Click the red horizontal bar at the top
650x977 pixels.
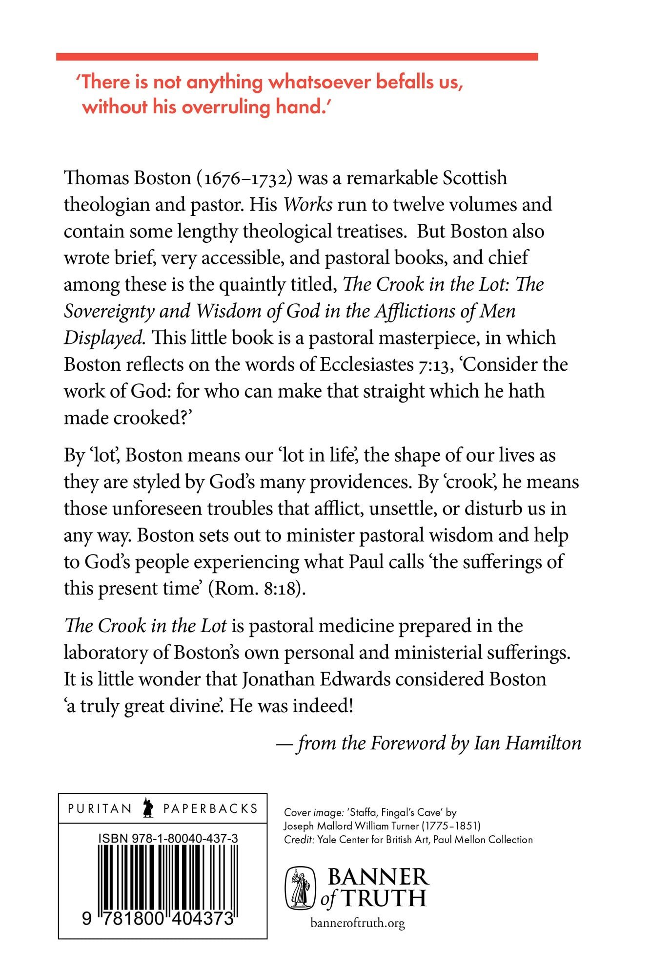297,57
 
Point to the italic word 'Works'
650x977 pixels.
308,205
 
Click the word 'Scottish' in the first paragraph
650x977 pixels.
474,178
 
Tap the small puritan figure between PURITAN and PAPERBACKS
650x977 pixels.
147,808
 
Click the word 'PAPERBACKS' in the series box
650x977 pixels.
210,808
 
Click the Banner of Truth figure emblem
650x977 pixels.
300,889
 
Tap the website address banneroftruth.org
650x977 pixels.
358,923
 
